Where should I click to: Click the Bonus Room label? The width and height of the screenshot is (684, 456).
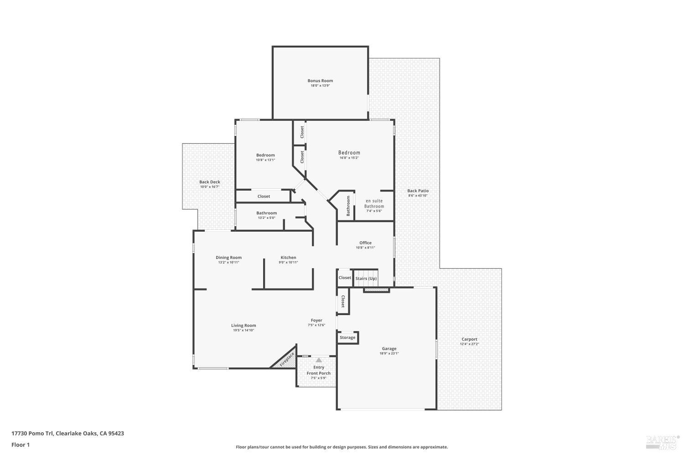[320, 81]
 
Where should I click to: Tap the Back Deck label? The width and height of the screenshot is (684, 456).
[209, 182]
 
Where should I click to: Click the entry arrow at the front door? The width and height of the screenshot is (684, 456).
[319, 360]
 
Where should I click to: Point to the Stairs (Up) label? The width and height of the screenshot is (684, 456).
[366, 278]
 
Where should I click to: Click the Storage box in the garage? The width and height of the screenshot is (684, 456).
[347, 337]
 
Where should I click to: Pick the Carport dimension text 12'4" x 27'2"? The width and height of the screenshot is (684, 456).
[469, 344]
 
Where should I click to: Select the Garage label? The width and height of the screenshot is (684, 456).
[389, 348]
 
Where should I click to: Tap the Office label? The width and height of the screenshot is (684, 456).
[365, 243]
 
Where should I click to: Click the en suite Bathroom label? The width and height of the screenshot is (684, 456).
[374, 203]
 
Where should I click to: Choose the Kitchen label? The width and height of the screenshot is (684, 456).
[288, 258]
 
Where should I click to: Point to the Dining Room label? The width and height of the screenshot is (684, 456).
[228, 258]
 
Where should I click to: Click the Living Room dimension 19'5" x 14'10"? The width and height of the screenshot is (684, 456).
[244, 331]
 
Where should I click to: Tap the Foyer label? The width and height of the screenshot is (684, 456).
[316, 320]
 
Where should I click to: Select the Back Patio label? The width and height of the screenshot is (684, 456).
[418, 191]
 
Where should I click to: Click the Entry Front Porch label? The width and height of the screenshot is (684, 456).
[319, 370]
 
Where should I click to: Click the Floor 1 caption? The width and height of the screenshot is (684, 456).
[21, 445]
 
